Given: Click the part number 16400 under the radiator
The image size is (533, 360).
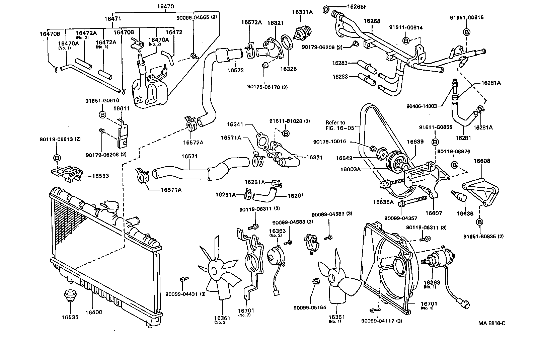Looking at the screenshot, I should [x=93, y=312].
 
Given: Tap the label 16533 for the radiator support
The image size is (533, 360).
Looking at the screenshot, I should [x=100, y=176].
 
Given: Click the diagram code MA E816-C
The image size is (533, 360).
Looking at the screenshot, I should [x=491, y=323].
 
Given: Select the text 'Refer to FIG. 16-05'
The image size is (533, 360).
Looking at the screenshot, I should [x=335, y=125].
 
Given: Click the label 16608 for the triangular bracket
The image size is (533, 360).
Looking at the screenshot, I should [x=481, y=161].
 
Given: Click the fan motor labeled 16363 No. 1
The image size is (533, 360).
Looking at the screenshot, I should [x=439, y=259].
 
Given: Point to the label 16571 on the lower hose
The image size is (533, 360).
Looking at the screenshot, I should [x=189, y=156].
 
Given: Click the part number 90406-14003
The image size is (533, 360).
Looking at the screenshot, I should [x=422, y=106].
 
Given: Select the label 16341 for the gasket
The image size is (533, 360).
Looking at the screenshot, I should [x=235, y=124].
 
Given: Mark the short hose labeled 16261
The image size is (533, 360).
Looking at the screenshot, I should [x=264, y=195].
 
